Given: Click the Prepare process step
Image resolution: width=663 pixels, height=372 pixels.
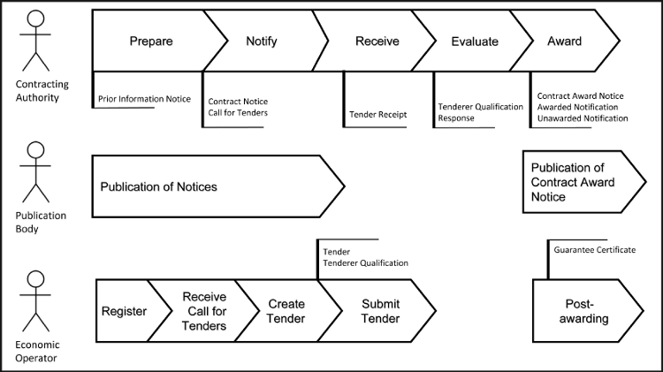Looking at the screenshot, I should tap(150, 42).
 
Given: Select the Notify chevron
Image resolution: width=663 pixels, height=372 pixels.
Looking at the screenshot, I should tap(261, 42).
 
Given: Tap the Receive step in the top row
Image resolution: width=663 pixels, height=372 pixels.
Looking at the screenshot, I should tap(377, 42).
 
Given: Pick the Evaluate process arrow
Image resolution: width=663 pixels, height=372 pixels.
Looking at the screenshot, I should tap(475, 42).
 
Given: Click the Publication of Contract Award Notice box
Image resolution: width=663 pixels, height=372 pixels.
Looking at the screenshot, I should tap(579, 182).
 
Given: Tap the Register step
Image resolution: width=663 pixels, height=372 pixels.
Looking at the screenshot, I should tap(124, 311).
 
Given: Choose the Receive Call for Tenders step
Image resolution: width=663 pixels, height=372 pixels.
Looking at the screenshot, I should tap(203, 311).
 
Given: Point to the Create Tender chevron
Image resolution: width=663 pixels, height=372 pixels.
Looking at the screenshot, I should tap(286, 311).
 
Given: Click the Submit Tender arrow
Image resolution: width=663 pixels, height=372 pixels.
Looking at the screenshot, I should tap(380, 311).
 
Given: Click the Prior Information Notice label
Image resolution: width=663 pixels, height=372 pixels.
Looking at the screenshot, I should tap(144, 99).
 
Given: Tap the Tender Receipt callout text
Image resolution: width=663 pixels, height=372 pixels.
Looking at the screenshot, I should tap(378, 115).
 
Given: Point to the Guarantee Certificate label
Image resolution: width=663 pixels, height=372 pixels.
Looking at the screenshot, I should tap(594, 250).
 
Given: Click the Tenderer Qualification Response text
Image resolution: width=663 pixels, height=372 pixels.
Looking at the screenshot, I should tap(480, 112).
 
